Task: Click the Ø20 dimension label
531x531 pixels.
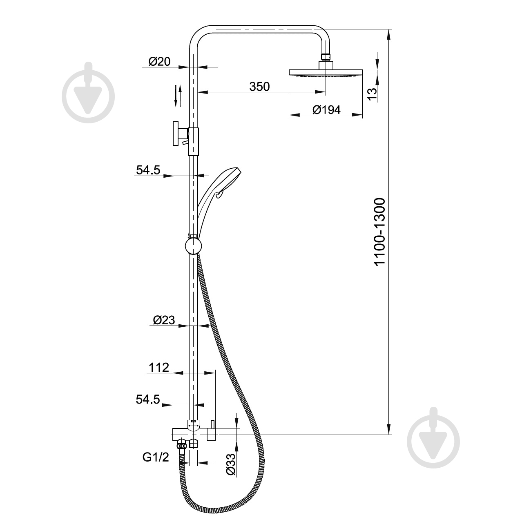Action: tap(159, 62)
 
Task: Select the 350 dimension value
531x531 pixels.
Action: tap(260, 87)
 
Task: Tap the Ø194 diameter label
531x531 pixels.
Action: tap(326, 110)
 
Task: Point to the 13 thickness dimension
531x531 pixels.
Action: tap(371, 94)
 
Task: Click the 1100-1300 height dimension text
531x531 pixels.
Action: tap(380, 232)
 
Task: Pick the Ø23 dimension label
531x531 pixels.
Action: tap(164, 321)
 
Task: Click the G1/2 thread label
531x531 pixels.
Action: tap(156, 457)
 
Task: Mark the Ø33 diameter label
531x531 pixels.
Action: tap(231, 464)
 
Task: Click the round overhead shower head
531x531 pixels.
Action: tap(326, 73)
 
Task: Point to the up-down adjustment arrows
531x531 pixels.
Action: tap(177, 96)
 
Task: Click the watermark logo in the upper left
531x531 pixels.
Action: tap(88, 93)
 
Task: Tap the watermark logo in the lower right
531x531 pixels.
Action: tap(434, 438)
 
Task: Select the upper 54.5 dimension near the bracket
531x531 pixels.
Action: tap(148, 171)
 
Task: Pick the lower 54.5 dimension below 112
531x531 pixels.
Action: tap(148, 399)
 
